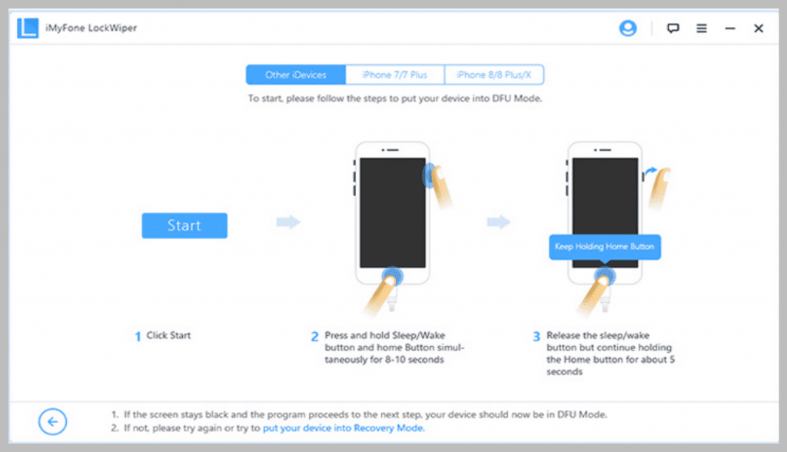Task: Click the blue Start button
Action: click(184, 225)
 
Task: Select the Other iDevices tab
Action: click(296, 75)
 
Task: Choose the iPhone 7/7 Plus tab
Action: click(394, 75)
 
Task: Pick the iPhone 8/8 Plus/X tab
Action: click(494, 75)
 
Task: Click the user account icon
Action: click(627, 28)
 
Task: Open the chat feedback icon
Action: click(673, 28)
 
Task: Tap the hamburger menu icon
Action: click(702, 28)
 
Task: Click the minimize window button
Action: click(730, 28)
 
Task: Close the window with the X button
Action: click(759, 28)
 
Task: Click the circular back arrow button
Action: click(53, 421)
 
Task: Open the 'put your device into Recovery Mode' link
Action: click(344, 428)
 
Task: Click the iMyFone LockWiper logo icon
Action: click(28, 28)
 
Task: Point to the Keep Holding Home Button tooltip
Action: click(605, 247)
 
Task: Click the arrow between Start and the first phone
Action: click(288, 221)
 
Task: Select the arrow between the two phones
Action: click(498, 221)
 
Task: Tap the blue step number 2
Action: click(314, 336)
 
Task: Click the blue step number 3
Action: click(536, 336)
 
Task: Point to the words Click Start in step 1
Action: click(168, 335)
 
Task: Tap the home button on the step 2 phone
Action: click(393, 276)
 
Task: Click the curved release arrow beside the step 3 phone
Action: click(650, 171)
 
